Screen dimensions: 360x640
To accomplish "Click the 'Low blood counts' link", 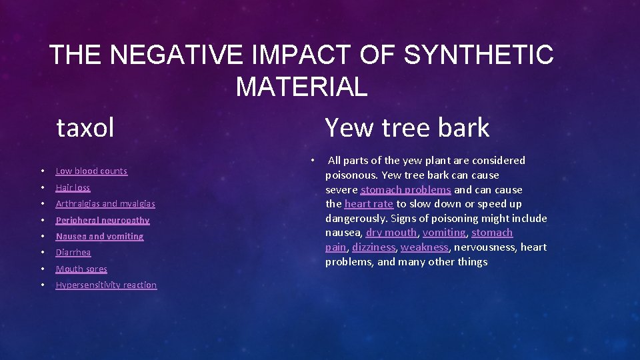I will (x=91, y=171).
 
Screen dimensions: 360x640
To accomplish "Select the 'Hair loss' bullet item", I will (x=73, y=188).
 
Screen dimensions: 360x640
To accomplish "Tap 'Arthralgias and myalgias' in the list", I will (x=105, y=204).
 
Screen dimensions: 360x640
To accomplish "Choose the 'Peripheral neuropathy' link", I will (x=103, y=220).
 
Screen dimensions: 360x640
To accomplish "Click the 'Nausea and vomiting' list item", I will (x=99, y=237).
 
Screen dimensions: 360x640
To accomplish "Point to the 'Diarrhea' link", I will (x=73, y=253).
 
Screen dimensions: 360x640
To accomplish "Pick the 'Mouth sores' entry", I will (x=81, y=269).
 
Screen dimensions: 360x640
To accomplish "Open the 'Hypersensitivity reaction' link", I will (x=106, y=285).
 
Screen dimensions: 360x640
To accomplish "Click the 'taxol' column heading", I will (x=85, y=127).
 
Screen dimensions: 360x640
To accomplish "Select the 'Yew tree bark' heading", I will (x=407, y=127).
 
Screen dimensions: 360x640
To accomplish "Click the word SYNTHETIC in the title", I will (x=479, y=55).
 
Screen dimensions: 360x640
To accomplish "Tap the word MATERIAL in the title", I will (x=301, y=87).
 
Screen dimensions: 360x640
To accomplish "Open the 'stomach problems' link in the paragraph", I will (x=405, y=190).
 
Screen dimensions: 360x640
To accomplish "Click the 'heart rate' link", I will (x=369, y=204).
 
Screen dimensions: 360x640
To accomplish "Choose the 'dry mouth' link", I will (x=391, y=233).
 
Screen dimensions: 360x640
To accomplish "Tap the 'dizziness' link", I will (x=373, y=247).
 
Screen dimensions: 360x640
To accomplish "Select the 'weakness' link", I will (x=425, y=247).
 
